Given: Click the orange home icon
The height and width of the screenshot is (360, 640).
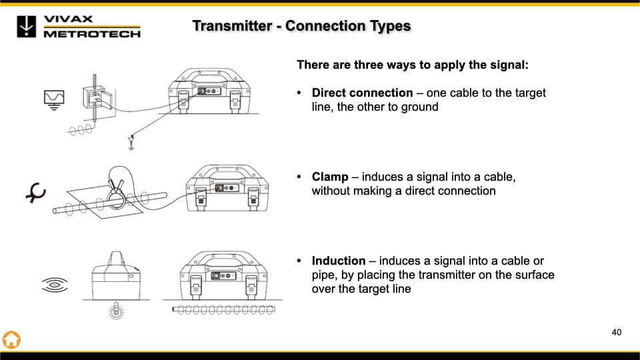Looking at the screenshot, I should click(11, 339).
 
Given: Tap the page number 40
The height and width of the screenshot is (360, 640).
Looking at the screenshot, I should click(616, 332).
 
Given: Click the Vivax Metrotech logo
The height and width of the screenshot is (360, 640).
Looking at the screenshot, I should click(79, 26).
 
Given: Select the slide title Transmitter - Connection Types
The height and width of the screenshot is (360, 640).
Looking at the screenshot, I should click(301, 26).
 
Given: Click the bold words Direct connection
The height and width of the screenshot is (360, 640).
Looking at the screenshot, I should click(362, 93).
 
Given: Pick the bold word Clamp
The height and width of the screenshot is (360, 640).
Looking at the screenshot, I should click(330, 177).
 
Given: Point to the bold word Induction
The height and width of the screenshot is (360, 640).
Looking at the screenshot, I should click(339, 261).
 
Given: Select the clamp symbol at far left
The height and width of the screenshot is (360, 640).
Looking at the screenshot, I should click(35, 193).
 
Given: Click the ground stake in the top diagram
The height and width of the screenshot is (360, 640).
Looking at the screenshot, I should click(131, 141).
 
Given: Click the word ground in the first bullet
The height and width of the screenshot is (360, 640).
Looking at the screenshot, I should click(420, 107).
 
